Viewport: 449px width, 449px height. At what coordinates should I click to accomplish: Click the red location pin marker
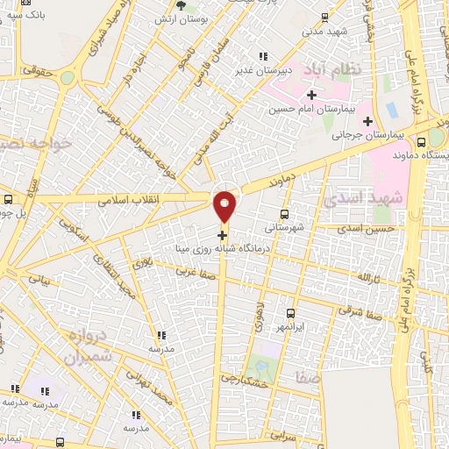click(225, 207)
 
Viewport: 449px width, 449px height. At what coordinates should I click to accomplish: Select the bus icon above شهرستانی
click(284, 214)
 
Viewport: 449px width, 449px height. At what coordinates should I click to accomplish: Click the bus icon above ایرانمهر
click(290, 313)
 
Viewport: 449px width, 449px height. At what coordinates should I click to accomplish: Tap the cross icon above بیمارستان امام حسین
click(311, 95)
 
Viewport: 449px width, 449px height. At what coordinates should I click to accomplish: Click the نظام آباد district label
click(329, 68)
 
